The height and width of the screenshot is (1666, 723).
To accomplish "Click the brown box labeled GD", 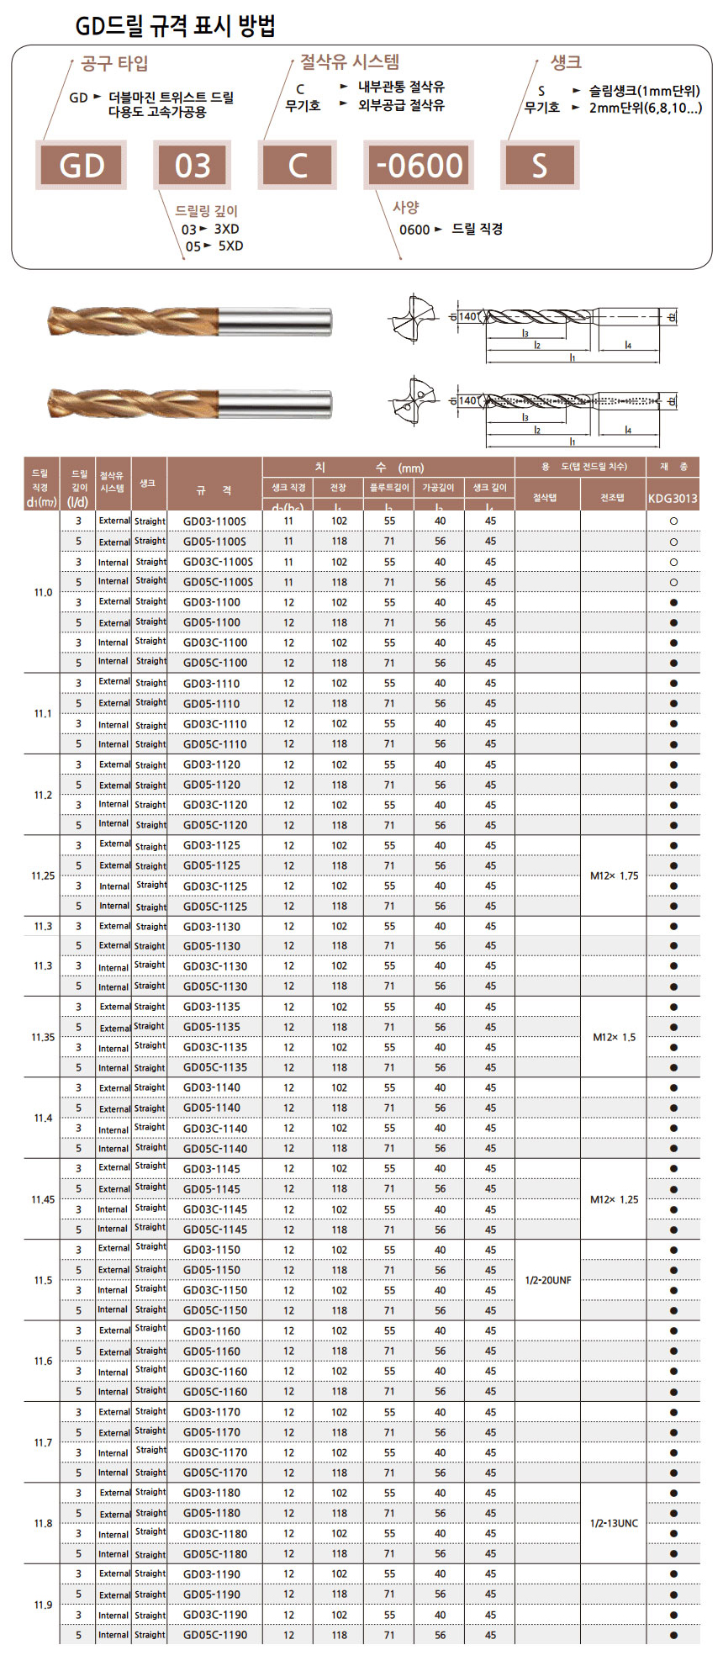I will tap(81, 165).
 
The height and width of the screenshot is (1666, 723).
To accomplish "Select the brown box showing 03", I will tap(193, 165).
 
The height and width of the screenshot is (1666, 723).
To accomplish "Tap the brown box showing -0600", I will tap(419, 165).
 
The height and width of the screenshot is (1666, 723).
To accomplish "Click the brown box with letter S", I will tap(539, 165).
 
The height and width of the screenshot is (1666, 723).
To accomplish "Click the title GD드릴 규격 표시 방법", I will tap(176, 26).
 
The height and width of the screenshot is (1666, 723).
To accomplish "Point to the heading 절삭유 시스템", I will tap(350, 61).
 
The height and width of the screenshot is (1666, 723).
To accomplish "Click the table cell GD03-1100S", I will tap(214, 521).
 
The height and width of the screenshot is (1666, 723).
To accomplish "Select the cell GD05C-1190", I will tap(214, 1635).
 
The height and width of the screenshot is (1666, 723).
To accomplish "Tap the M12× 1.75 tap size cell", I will tap(614, 875).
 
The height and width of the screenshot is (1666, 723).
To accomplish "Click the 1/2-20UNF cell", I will tap(547, 1280).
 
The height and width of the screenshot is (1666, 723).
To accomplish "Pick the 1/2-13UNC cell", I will tap(614, 1523).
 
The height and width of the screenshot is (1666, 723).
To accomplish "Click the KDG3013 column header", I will tap(673, 498).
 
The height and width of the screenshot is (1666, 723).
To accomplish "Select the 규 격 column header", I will tap(214, 489).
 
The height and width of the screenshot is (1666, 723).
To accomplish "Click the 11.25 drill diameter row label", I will tap(43, 875).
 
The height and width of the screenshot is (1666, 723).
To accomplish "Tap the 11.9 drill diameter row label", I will tap(43, 1605).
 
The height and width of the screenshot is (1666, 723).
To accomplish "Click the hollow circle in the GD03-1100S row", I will tap(673, 521).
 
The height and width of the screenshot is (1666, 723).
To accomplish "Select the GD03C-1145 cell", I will tap(214, 1209).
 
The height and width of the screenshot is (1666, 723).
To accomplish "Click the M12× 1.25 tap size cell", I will tap(614, 1199).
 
